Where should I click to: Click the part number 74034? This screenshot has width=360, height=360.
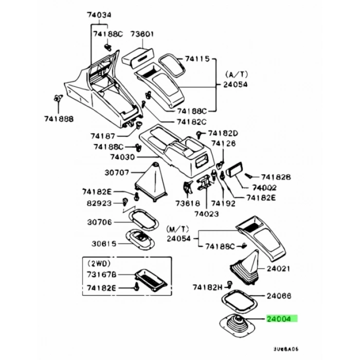click(98, 15)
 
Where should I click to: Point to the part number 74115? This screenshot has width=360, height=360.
click(197, 60)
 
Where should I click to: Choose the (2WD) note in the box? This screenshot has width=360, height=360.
click(98, 262)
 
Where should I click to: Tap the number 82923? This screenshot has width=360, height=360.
click(99, 203)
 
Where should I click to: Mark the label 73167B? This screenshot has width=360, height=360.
click(102, 274)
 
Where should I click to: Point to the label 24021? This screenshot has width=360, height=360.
click(279, 268)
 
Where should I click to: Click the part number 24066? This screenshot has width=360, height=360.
click(279, 296)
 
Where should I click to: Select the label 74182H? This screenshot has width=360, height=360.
click(208, 286)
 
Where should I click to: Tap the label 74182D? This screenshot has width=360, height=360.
click(224, 133)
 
